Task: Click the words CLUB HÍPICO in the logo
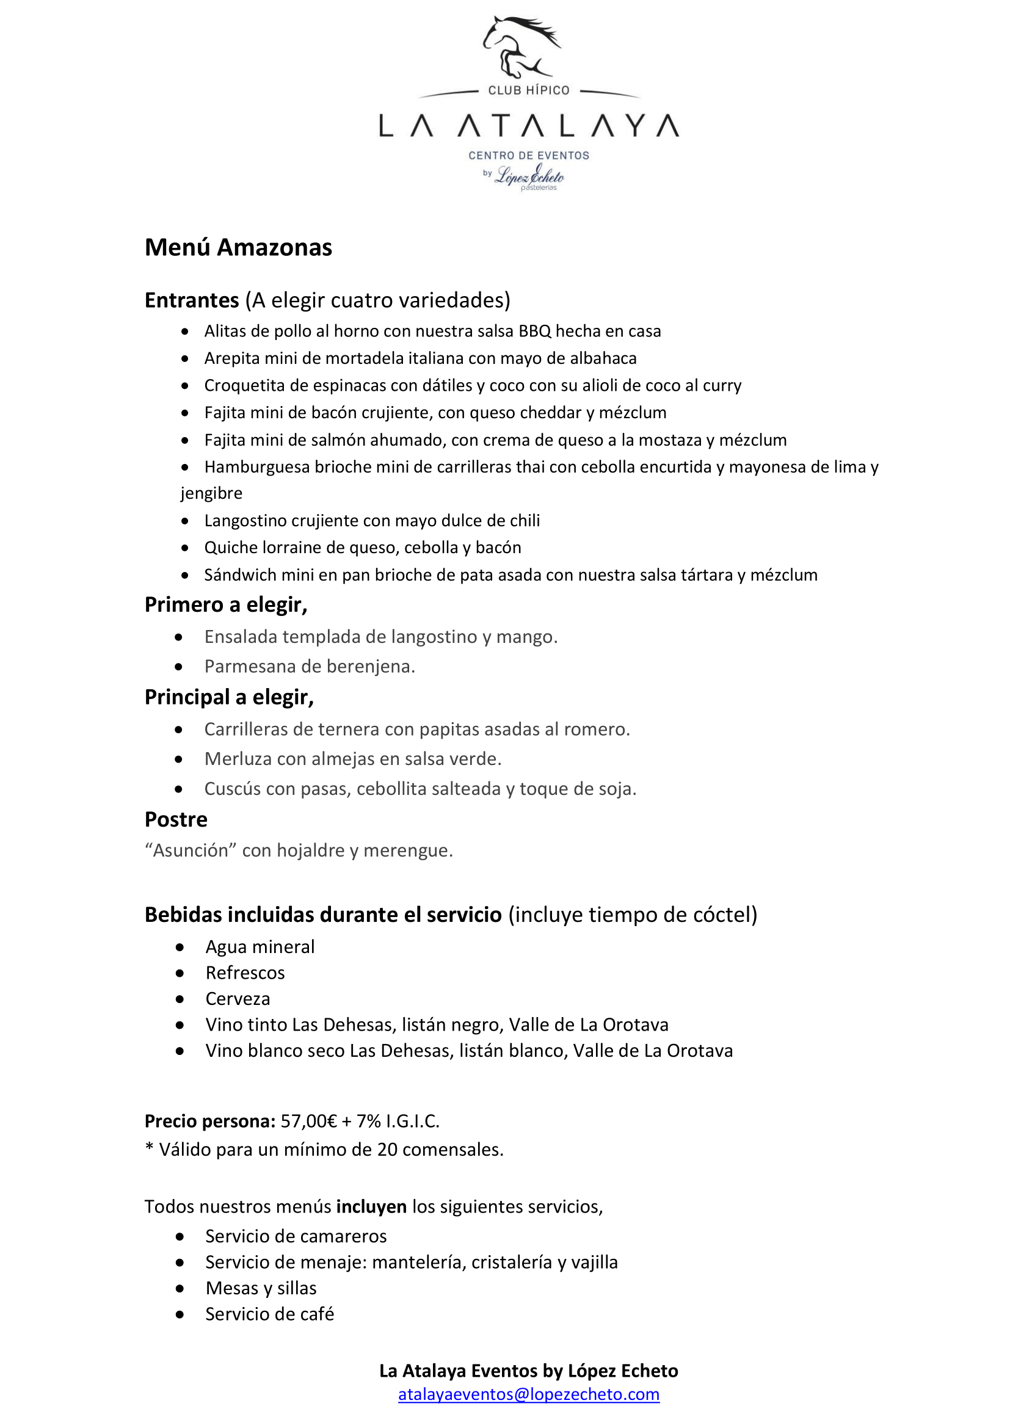[529, 91]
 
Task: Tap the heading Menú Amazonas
[238, 247]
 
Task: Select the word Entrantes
[192, 300]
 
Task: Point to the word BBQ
[535, 332]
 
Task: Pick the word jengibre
[211, 493]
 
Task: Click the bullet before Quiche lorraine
[184, 548]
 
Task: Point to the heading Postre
[176, 820]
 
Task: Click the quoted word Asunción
[191, 850]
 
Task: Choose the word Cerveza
[238, 999]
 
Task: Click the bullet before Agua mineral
[180, 948]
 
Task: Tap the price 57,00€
[308, 1122]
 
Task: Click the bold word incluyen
[371, 1206]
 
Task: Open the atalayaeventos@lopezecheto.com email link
[529, 1394]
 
